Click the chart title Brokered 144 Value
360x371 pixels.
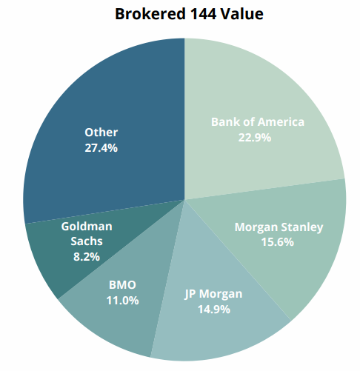click(x=189, y=14)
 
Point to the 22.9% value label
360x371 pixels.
click(x=255, y=138)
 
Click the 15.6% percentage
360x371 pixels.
click(x=278, y=242)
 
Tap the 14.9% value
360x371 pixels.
click(x=214, y=310)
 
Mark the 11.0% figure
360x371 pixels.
click(x=122, y=301)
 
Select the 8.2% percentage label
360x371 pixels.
click(x=87, y=257)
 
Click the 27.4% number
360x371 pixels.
click(x=101, y=148)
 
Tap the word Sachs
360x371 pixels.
click(x=87, y=241)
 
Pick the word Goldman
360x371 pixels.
click(x=87, y=227)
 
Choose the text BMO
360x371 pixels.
click(x=122, y=285)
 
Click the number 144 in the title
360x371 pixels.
click(x=203, y=14)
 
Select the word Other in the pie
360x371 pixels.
click(x=101, y=133)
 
